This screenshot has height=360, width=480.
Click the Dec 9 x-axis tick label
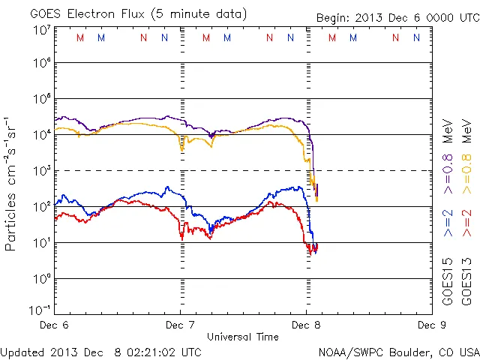pyautogui.click(x=427, y=325)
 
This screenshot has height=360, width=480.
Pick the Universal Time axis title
pyautogui.click(x=243, y=337)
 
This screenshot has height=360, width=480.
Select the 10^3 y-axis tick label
pyautogui.click(x=42, y=171)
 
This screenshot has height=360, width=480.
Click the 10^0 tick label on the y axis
pyautogui.click(x=42, y=279)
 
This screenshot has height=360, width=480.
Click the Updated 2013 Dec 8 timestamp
pyautogui.click(x=101, y=352)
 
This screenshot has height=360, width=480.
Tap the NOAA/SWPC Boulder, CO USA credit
pyautogui.click(x=398, y=352)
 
